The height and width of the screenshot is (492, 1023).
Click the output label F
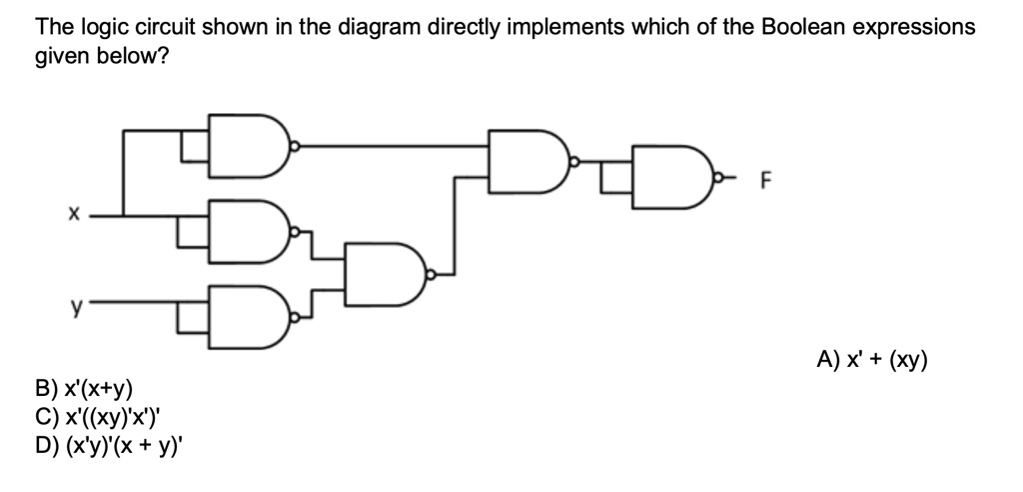767,180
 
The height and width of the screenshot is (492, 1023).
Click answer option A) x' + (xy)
871,359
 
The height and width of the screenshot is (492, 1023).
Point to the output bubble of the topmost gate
295,146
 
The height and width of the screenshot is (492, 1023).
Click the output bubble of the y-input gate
295,318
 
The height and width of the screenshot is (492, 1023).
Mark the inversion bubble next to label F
718,177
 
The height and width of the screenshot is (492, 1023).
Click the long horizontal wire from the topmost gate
394,146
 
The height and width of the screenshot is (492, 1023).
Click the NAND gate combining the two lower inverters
385,274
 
